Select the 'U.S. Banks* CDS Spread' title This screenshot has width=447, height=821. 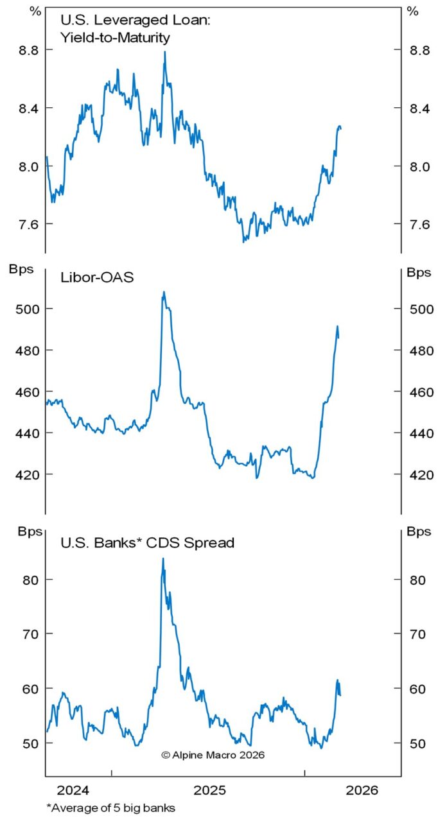pos(147,542)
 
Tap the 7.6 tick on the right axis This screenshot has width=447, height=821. pos(419,224)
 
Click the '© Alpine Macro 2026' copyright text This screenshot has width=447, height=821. pos(213,755)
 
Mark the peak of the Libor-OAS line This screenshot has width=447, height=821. pos(164,292)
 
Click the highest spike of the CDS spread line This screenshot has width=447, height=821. pos(162,558)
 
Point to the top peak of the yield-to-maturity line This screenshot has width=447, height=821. pos(165,52)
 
